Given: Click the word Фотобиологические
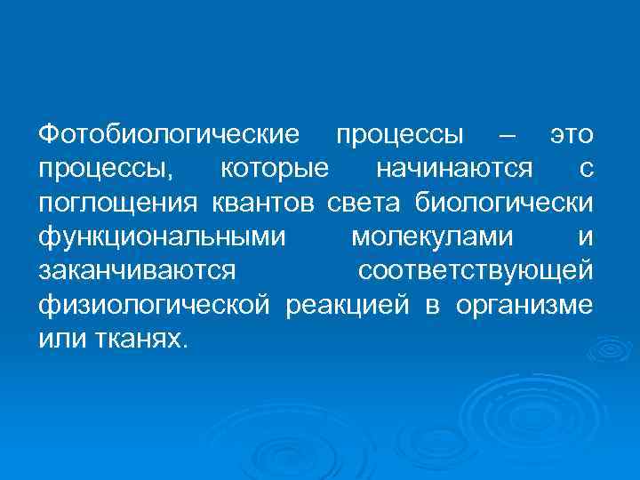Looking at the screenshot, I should [x=167, y=135].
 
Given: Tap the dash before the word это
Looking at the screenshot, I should [x=507, y=135].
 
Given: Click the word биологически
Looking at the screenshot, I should [x=503, y=204].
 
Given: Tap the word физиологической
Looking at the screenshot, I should [x=154, y=306].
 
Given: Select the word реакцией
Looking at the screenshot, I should [x=347, y=306].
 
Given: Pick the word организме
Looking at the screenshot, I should [x=524, y=306].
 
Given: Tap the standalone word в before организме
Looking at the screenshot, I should [x=432, y=306].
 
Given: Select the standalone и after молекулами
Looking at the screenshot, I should [x=584, y=237].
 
